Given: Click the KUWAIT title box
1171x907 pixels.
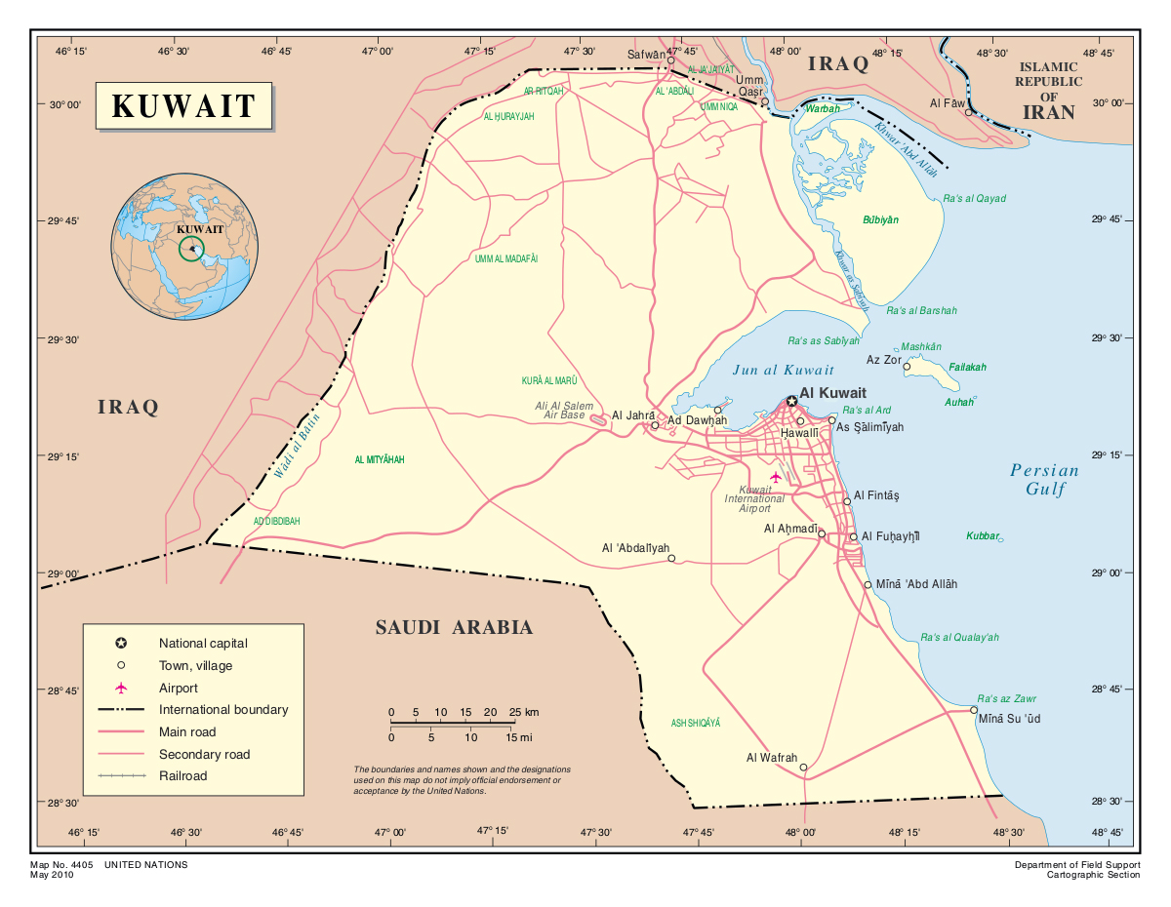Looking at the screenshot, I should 183,105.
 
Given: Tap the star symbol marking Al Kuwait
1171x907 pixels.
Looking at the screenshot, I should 791,401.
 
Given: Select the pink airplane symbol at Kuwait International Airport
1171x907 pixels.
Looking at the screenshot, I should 777,476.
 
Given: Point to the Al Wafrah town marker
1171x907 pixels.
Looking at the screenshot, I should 803,768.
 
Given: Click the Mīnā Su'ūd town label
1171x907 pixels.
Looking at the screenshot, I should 1009,719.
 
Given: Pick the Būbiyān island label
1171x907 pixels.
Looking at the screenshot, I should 880,219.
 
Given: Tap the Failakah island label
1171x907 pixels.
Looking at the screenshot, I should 967,368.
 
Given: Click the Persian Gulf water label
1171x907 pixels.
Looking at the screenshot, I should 1044,479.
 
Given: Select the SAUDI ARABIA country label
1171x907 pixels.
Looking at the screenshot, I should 454,627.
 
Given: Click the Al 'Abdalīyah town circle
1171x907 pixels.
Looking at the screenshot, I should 670,559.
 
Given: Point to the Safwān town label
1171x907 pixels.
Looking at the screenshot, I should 646,55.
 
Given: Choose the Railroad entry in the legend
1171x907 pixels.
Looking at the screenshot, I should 183,776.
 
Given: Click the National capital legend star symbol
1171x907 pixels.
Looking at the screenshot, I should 121,644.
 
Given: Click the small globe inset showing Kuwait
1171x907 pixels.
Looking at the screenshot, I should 184,246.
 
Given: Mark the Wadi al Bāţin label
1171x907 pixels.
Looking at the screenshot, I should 298,453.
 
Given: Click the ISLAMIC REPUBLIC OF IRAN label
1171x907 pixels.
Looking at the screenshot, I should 1048,89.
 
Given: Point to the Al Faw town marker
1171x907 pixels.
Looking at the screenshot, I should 968,112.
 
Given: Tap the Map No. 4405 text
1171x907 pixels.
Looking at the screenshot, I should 75,864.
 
